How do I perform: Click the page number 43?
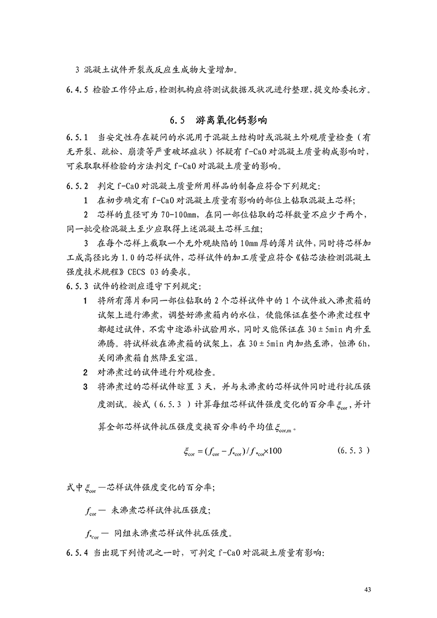coord(369,590)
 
